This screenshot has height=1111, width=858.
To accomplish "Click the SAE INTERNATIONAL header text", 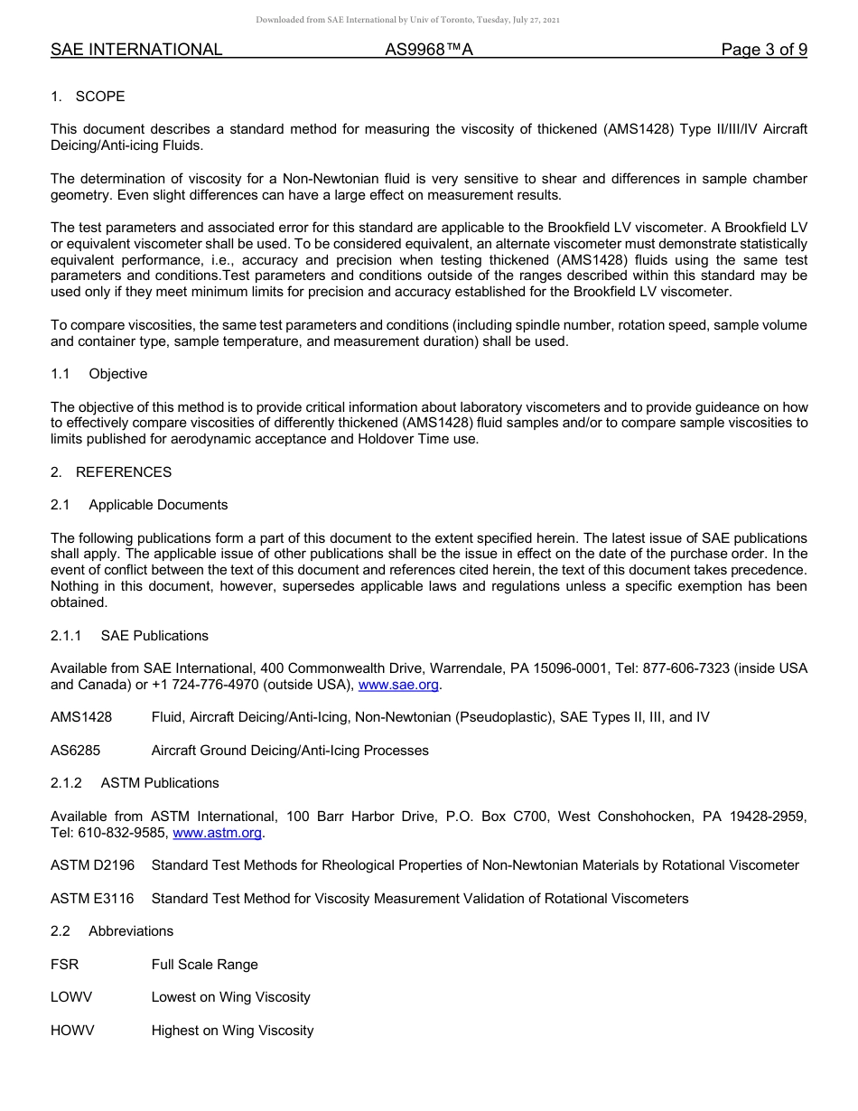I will tap(136, 50).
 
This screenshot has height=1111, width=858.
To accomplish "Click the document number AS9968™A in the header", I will tap(429, 50).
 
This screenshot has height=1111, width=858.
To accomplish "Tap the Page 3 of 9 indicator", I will tap(763, 50).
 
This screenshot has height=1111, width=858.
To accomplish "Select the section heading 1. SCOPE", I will tap(88, 97).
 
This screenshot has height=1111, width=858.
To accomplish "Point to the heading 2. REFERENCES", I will tap(111, 472).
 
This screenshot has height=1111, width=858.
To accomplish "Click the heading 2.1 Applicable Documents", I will tap(139, 505).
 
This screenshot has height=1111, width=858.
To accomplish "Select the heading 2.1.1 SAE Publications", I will tap(129, 636).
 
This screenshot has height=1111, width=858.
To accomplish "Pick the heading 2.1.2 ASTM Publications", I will tap(135, 783).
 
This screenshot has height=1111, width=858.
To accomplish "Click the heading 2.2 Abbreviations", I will tap(112, 931).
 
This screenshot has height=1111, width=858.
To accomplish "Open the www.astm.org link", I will tap(217, 833).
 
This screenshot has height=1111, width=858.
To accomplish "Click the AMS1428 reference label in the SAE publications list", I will tap(81, 717).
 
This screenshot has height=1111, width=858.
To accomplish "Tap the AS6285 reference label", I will tap(75, 751).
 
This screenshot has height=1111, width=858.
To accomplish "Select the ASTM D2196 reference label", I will tap(92, 865).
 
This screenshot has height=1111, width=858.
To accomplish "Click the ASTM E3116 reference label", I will tap(92, 899).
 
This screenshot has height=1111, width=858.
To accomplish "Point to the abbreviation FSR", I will tap(64, 965).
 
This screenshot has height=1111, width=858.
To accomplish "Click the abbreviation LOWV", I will tap(71, 997).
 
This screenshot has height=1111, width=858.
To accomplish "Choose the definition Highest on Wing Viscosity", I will tap(232, 1031).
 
